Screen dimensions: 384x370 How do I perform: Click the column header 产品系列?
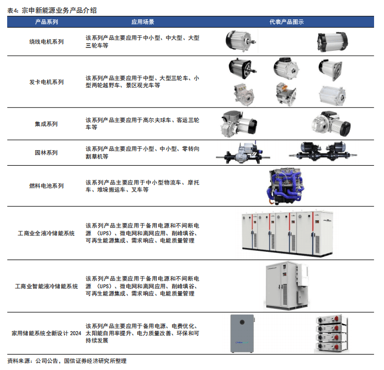46,22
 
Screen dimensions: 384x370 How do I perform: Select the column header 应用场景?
142,22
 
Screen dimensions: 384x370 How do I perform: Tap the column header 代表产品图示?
286,22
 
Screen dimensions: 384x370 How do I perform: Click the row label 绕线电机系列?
46,41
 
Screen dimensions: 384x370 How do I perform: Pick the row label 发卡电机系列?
46,82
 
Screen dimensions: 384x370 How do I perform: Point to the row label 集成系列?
46,124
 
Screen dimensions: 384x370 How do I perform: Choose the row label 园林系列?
46,153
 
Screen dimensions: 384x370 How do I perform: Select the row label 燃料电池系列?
46,186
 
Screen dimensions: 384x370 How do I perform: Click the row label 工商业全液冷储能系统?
46,233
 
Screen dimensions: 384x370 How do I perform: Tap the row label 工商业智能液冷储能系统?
46,287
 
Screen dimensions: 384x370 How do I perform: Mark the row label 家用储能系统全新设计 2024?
46,333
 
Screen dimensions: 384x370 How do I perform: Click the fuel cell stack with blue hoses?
286,186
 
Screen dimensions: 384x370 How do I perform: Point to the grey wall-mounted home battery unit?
242,334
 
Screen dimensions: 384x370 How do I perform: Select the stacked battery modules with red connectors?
332,334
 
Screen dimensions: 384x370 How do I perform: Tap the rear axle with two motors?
323,151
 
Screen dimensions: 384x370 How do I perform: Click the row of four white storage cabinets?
287,234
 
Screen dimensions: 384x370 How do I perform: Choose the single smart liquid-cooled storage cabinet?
287,286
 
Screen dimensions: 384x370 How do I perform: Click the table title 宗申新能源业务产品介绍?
59,10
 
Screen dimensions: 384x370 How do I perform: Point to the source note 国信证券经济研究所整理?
95,361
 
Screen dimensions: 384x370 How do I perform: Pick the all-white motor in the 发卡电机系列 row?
332,96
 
